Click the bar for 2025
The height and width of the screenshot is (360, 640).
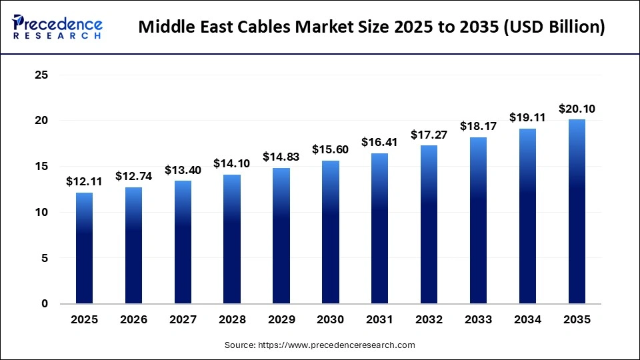click(84, 248)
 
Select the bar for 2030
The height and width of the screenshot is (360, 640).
click(331, 232)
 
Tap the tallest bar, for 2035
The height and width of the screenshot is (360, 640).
click(577, 211)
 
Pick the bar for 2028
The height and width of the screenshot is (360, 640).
click(232, 239)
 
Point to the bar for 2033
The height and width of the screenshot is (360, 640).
click(478, 220)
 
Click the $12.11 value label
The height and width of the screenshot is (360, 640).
click(84, 181)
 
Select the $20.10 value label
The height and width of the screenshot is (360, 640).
click(577, 109)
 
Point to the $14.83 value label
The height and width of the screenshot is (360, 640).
click(281, 157)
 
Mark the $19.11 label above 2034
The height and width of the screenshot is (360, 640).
click(527, 117)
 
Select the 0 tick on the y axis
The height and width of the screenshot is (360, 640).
click(45, 304)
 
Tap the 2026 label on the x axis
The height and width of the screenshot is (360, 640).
click(133, 320)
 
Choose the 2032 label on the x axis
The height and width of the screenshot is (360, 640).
click(429, 320)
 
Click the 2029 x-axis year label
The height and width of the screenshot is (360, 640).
click(281, 320)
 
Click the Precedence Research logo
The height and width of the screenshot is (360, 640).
click(57, 27)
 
